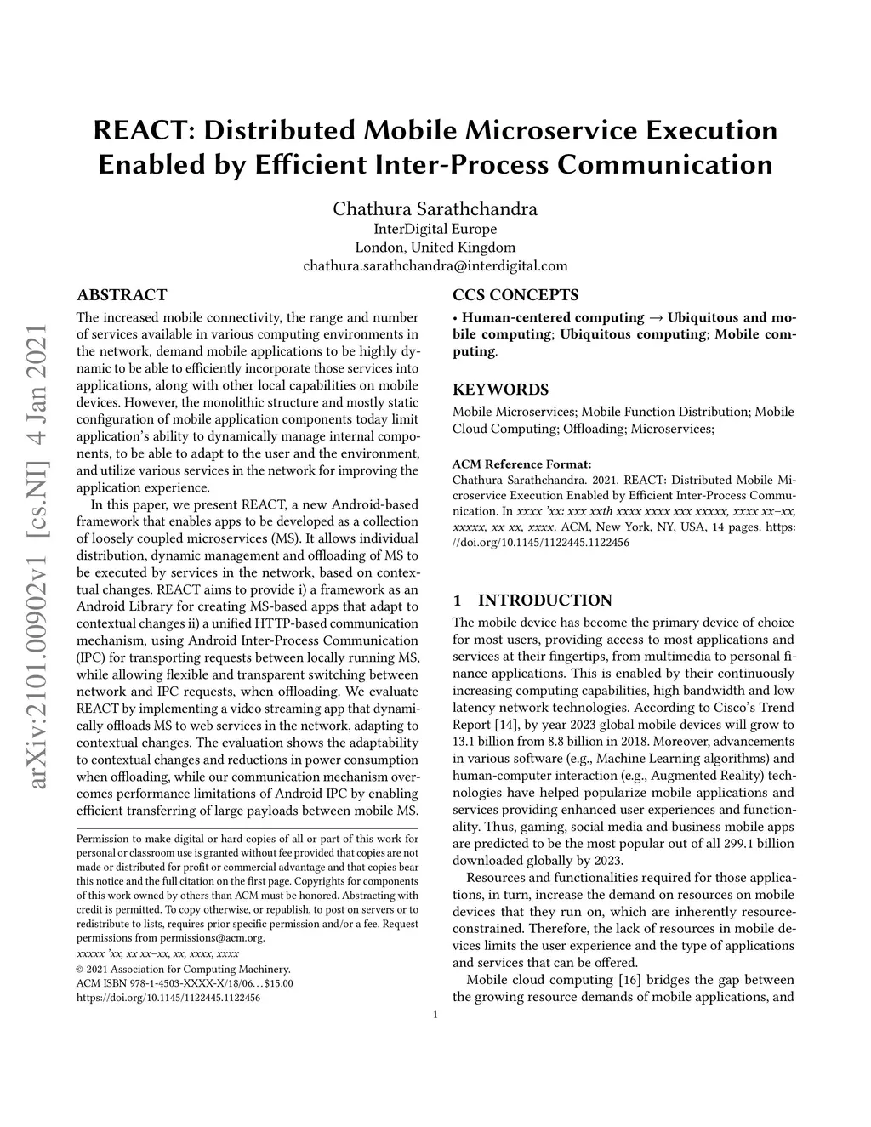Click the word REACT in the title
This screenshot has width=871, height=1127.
[x=138, y=131]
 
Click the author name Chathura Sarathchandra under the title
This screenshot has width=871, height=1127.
[x=435, y=208]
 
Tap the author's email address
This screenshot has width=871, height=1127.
[x=435, y=266]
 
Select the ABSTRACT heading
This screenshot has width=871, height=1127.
[x=122, y=295]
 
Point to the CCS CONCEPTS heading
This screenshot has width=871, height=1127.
[x=515, y=295]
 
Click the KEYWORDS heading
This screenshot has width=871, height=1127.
[x=500, y=390]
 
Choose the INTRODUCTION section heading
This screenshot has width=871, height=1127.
[x=544, y=600]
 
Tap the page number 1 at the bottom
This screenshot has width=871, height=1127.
[x=435, y=1014]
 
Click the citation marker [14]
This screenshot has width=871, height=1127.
[x=504, y=725]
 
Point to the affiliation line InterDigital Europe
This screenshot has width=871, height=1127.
[x=435, y=229]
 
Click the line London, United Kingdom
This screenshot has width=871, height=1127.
[x=435, y=248]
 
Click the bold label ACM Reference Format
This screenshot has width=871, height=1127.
[x=521, y=464]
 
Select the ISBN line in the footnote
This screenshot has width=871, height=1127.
[x=185, y=983]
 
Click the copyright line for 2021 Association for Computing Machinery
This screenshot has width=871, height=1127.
[x=184, y=969]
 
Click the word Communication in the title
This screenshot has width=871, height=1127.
[x=664, y=163]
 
